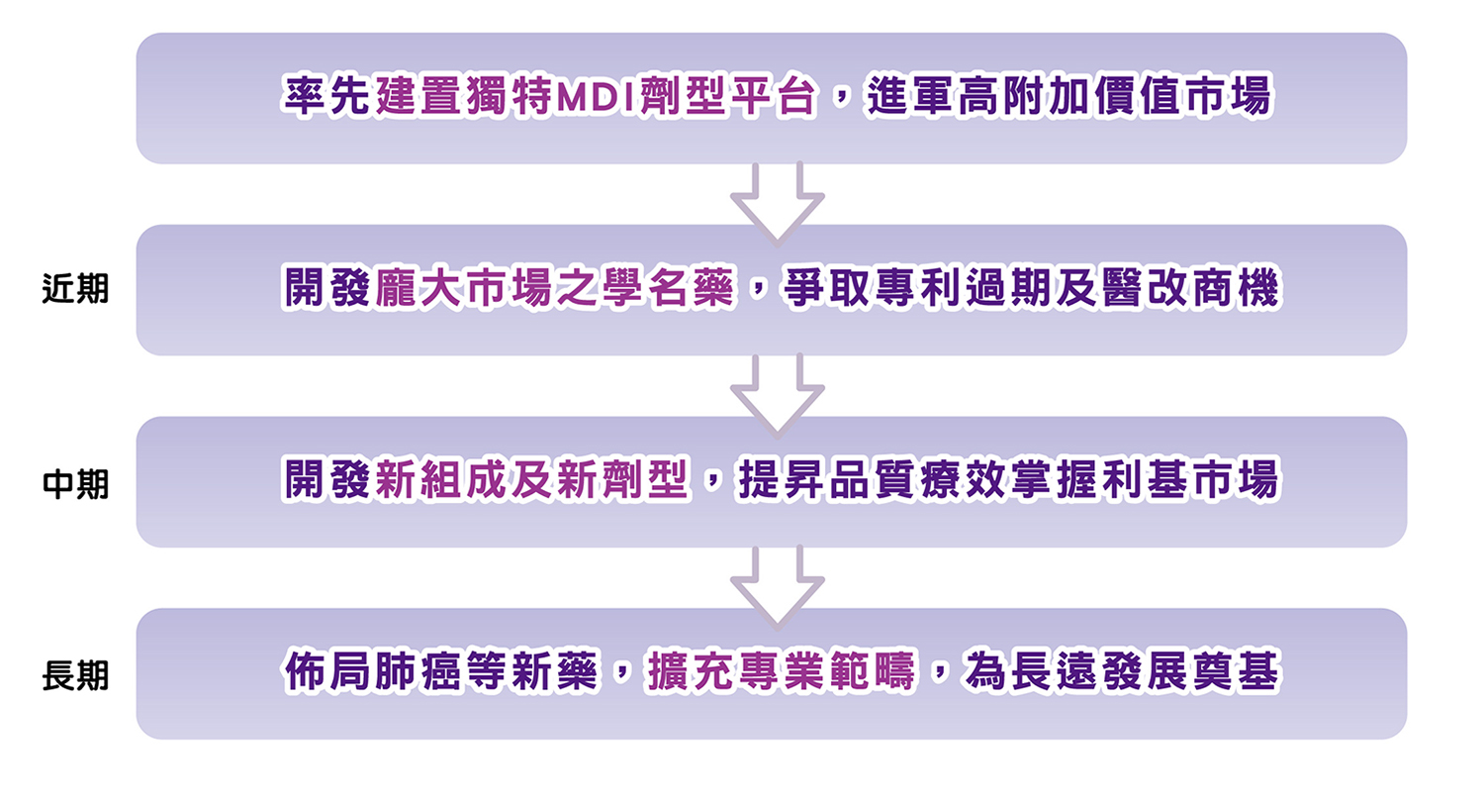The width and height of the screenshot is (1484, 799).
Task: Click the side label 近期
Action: [75, 291]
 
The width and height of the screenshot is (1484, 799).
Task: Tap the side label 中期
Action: [75, 483]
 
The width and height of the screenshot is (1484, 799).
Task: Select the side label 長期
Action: [75, 675]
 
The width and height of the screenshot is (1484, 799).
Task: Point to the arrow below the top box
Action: [777, 201]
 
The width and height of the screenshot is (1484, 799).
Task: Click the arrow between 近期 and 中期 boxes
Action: [777, 393]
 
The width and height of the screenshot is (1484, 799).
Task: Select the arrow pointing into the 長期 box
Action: [777, 585]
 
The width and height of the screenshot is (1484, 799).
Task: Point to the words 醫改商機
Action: [1195, 290]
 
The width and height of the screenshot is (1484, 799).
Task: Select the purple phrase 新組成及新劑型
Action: [533, 482]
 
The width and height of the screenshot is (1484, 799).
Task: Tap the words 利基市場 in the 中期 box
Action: [1195, 482]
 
